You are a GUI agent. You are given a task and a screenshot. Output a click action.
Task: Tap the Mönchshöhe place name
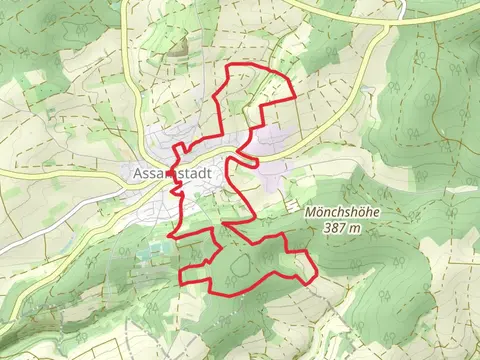pos(344,213)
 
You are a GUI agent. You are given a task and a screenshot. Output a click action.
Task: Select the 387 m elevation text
pos(344,228)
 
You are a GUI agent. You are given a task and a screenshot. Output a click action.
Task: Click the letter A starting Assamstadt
pos(137,171)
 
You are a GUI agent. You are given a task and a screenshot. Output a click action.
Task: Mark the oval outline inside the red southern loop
pos(242,264)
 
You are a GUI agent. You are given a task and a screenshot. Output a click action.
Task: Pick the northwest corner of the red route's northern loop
pos(233,66)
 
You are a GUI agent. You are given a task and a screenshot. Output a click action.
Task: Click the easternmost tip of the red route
pos(318,272)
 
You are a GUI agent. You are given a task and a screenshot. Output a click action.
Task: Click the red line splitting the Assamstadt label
pos(179,172)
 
